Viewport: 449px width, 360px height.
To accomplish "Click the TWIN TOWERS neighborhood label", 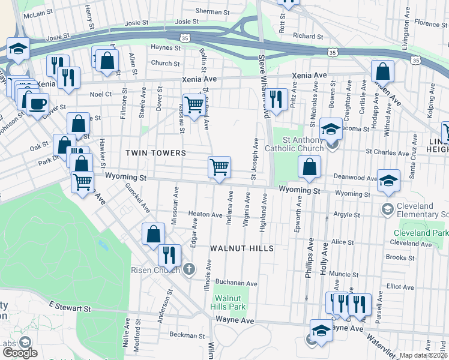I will click(155, 153).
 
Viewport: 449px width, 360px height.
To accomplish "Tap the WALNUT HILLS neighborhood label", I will click(242, 248).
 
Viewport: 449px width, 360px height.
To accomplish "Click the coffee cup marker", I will click(37, 103).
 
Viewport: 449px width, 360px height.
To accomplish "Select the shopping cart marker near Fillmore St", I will click(194, 105).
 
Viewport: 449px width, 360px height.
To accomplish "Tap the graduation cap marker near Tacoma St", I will click(330, 128).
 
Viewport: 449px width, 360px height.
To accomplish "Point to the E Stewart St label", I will click(70, 308).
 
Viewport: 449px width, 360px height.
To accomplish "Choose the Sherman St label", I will click(208, 11).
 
